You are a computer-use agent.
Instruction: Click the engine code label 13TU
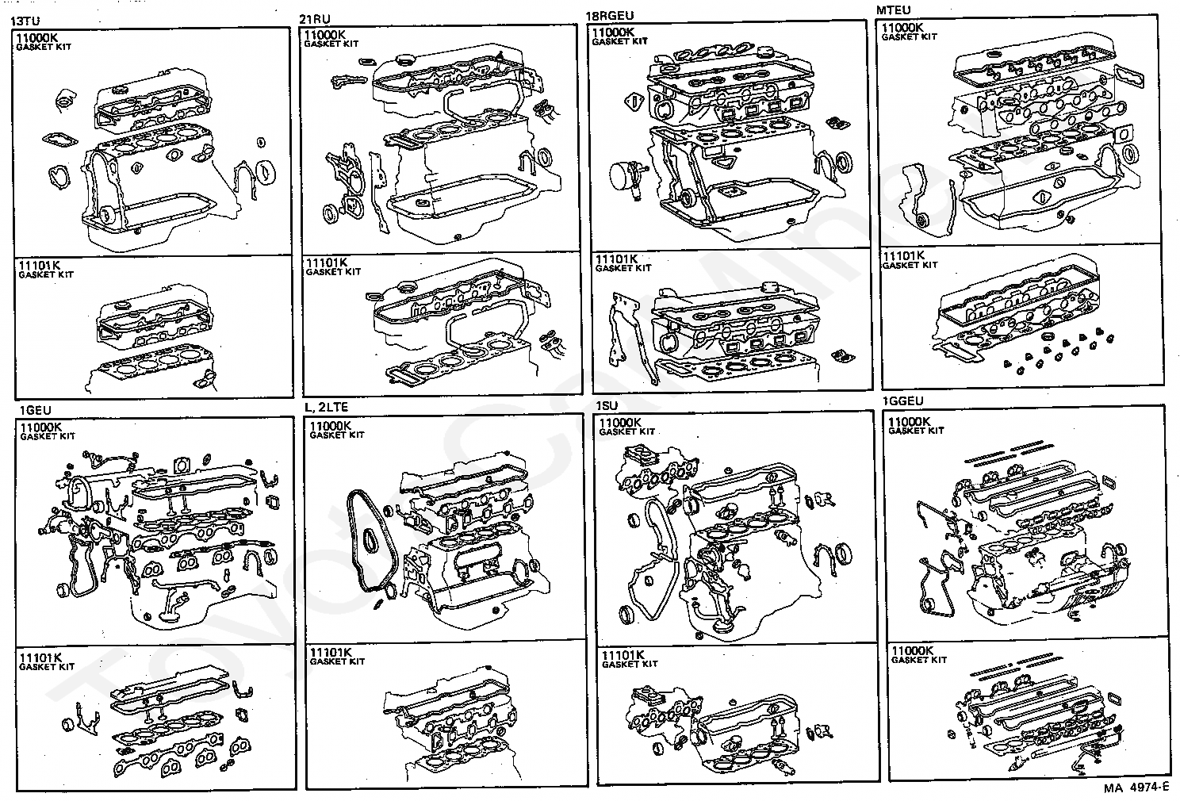point(24,22)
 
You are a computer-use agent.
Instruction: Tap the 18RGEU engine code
point(609,16)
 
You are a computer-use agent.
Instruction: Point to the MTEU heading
point(893,10)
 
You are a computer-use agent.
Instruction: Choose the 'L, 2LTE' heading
point(326,407)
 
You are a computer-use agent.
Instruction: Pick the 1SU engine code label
point(607,406)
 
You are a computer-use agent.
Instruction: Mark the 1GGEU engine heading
point(902,401)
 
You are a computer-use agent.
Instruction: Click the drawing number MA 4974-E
point(1136,788)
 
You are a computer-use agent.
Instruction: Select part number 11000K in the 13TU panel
point(36,38)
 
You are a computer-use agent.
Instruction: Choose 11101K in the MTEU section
point(903,256)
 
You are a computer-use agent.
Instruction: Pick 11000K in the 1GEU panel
point(41,427)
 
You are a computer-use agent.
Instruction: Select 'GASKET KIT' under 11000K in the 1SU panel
point(626,432)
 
